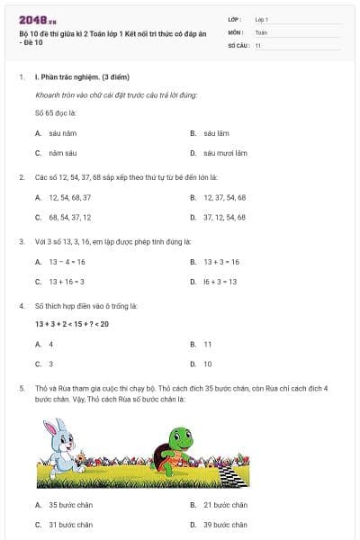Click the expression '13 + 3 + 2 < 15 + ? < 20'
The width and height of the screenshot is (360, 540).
coord(72,324)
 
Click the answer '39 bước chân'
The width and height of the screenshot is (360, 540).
coord(225,525)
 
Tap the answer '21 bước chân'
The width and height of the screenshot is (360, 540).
coord(225,505)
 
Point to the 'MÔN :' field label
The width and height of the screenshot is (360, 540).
coord(236,31)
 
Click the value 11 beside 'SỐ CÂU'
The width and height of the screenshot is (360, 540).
coord(258,44)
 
